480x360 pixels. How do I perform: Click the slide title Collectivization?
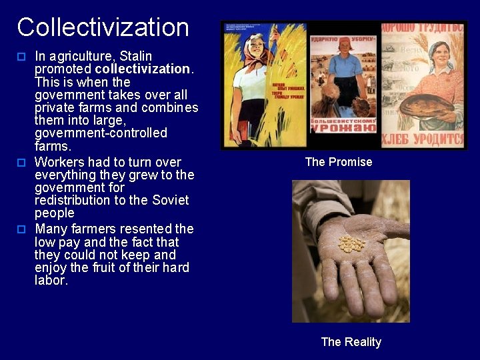pos(103,27)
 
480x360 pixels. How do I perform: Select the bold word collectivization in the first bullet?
pos(143,69)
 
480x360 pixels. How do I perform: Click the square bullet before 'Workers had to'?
pos(21,162)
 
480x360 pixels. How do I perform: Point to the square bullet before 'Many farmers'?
pos(21,229)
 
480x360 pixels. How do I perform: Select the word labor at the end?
pos(51,280)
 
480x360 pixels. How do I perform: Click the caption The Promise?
pos(339,162)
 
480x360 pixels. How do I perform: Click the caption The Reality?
pos(351,342)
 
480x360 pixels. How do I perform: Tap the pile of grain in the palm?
pos(351,243)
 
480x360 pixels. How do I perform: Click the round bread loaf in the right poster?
pos(427,103)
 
